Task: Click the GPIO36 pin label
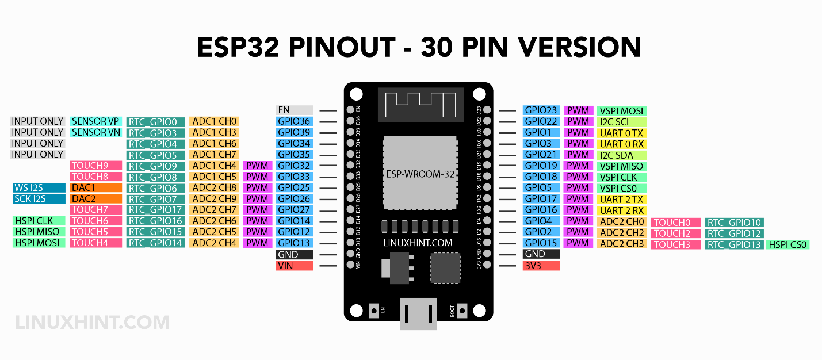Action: [294, 121]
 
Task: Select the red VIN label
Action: [294, 266]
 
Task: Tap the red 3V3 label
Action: [541, 266]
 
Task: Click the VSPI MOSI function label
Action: [622, 110]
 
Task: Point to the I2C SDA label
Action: [622, 155]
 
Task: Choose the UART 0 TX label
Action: [622, 133]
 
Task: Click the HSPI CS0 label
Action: [787, 244]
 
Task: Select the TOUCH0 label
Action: [675, 223]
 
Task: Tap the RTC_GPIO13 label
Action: [734, 244]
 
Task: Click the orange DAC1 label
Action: [95, 187]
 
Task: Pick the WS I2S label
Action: [39, 187]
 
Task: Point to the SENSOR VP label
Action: [95, 121]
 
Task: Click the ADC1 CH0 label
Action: [214, 121]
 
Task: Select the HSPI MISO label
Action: [39, 232]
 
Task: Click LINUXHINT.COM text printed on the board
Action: [418, 243]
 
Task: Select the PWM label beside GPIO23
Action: [578, 110]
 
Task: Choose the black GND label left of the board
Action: [294, 254]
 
